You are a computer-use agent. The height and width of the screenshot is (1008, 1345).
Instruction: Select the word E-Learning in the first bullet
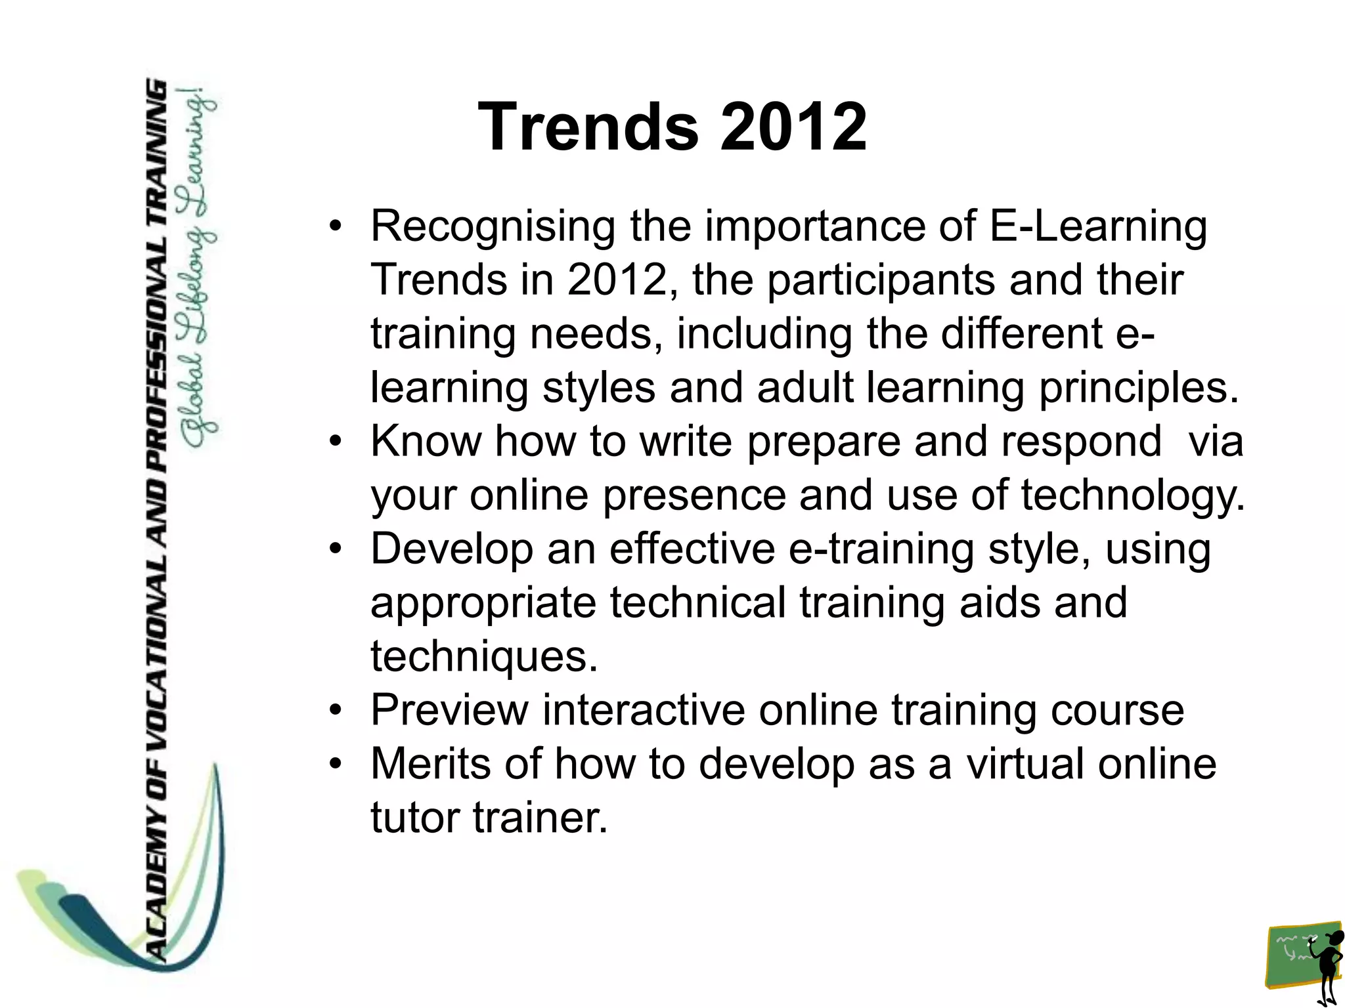point(1097,227)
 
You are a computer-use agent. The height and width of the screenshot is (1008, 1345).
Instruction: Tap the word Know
point(426,441)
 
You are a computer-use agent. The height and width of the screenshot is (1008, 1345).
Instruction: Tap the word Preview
point(449,711)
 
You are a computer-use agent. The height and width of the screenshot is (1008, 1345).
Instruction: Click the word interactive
point(644,711)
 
